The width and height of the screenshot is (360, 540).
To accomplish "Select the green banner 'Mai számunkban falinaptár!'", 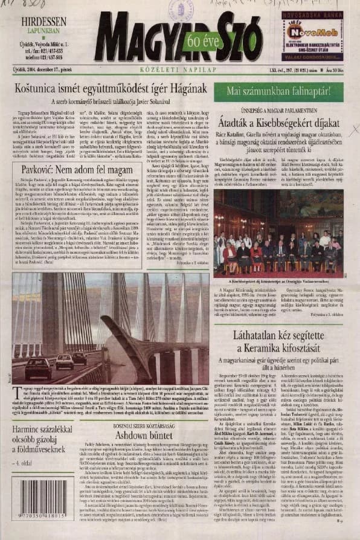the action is (278, 91).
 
